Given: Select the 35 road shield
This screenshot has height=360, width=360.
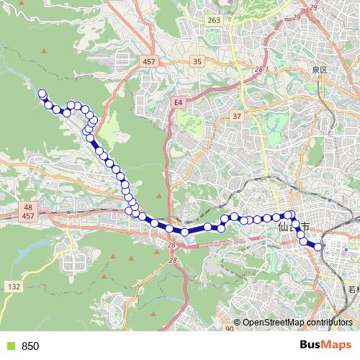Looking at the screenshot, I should tap(197, 63).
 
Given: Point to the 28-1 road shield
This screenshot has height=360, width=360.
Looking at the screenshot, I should tap(260, 69).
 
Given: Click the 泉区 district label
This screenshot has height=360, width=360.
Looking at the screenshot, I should tap(320, 70).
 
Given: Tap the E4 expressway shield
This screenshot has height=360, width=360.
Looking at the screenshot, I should tap(178, 103).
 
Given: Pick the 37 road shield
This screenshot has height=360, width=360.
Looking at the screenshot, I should tap(236, 116).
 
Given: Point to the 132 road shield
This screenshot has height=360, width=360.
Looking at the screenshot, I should tap(14, 287).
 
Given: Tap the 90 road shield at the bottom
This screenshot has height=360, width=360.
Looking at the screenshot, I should tap(229, 328).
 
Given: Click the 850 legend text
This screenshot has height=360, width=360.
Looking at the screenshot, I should tap(30, 346).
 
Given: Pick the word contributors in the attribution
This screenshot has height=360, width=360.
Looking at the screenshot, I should tap(328, 323).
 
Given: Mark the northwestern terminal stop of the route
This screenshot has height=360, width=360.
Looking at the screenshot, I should tap(42, 94).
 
